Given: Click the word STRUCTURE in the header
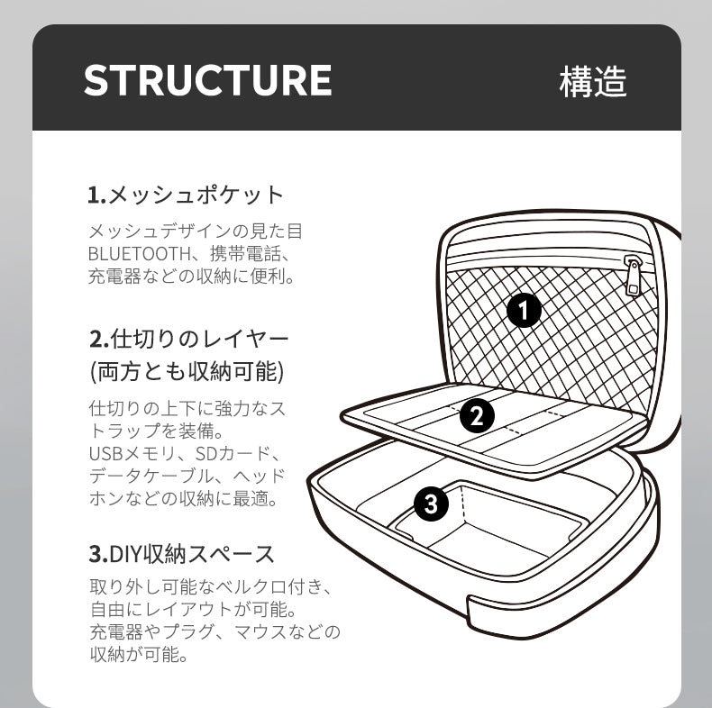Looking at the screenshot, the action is (x=207, y=80).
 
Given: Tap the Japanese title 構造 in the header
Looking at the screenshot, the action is (x=593, y=81).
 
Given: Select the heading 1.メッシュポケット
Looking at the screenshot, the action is (x=186, y=195).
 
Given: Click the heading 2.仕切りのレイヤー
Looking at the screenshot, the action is (x=189, y=339).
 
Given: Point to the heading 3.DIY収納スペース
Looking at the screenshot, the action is (x=182, y=554).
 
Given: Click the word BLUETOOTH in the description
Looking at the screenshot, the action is (x=140, y=254).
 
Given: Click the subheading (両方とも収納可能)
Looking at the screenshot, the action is (x=187, y=372).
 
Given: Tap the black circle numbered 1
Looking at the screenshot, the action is (x=524, y=311).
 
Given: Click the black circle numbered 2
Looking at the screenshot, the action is (x=477, y=415).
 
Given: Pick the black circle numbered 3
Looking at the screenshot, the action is (x=431, y=504).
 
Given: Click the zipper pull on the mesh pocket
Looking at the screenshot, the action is (x=633, y=275).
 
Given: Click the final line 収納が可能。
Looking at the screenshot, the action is (x=139, y=655).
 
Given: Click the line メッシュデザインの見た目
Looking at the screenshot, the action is (x=196, y=231).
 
